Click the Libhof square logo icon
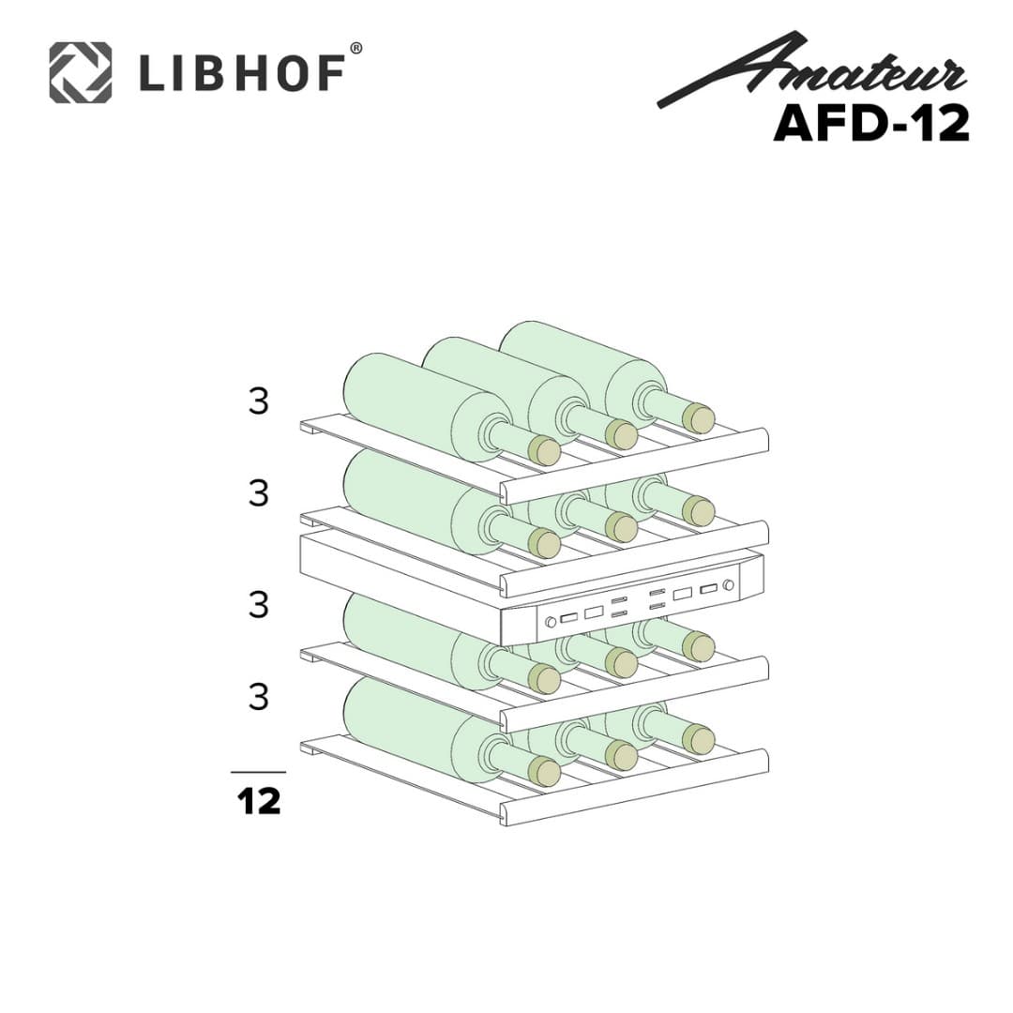[x=80, y=71]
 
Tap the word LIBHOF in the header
[x=239, y=73]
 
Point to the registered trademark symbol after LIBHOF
[x=355, y=48]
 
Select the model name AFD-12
[x=870, y=123]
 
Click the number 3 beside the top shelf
[x=259, y=401]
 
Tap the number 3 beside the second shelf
[x=259, y=493]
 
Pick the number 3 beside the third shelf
[x=259, y=605]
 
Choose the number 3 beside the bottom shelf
[x=259, y=697]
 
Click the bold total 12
[x=258, y=802]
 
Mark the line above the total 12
[x=258, y=772]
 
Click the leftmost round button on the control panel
[x=551, y=621]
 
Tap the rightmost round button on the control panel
[x=728, y=585]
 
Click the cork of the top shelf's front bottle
[x=544, y=451]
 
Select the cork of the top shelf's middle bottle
[x=621, y=434]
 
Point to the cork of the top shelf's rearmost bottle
[x=698, y=418]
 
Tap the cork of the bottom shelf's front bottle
[x=544, y=771]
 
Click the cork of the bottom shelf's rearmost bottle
[x=698, y=739]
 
